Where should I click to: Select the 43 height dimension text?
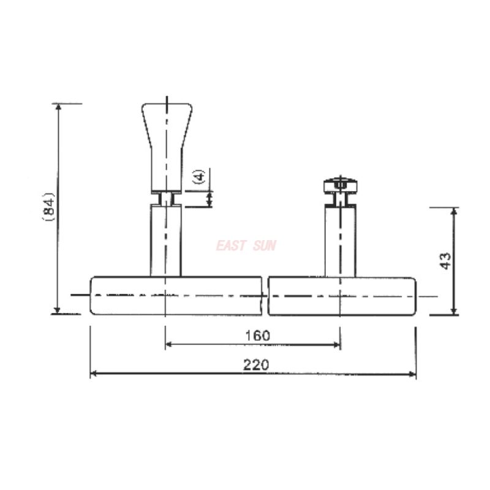click(x=446, y=261)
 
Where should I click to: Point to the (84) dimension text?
click(x=51, y=208)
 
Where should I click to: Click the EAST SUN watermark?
click(x=246, y=246)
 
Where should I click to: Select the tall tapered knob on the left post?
click(x=167, y=144)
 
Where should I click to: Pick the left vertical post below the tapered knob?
click(x=167, y=240)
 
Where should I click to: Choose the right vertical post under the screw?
click(x=340, y=240)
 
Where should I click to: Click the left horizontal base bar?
click(x=178, y=296)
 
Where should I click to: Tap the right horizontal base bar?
click(x=343, y=296)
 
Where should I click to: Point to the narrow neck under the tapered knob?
click(x=167, y=198)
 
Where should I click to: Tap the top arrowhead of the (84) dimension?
click(x=59, y=107)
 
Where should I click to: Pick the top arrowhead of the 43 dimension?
click(x=454, y=212)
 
